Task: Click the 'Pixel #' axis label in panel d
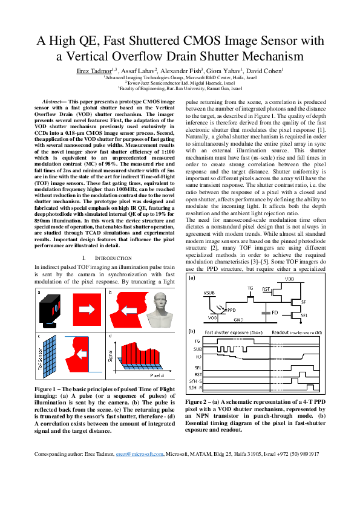[156, 375]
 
